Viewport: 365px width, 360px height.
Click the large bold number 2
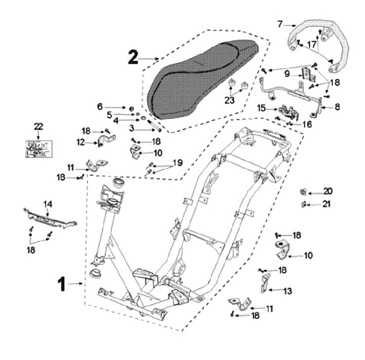[x=133, y=58]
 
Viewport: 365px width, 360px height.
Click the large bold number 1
[x=61, y=284]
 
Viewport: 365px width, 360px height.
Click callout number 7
[x=280, y=23]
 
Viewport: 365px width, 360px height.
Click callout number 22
[x=39, y=126]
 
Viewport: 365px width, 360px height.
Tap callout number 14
[x=48, y=204]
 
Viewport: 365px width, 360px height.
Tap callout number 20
[x=328, y=192]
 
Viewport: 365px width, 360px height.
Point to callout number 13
[x=287, y=291]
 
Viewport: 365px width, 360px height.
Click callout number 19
[x=177, y=163]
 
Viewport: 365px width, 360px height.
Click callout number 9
[x=287, y=74]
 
